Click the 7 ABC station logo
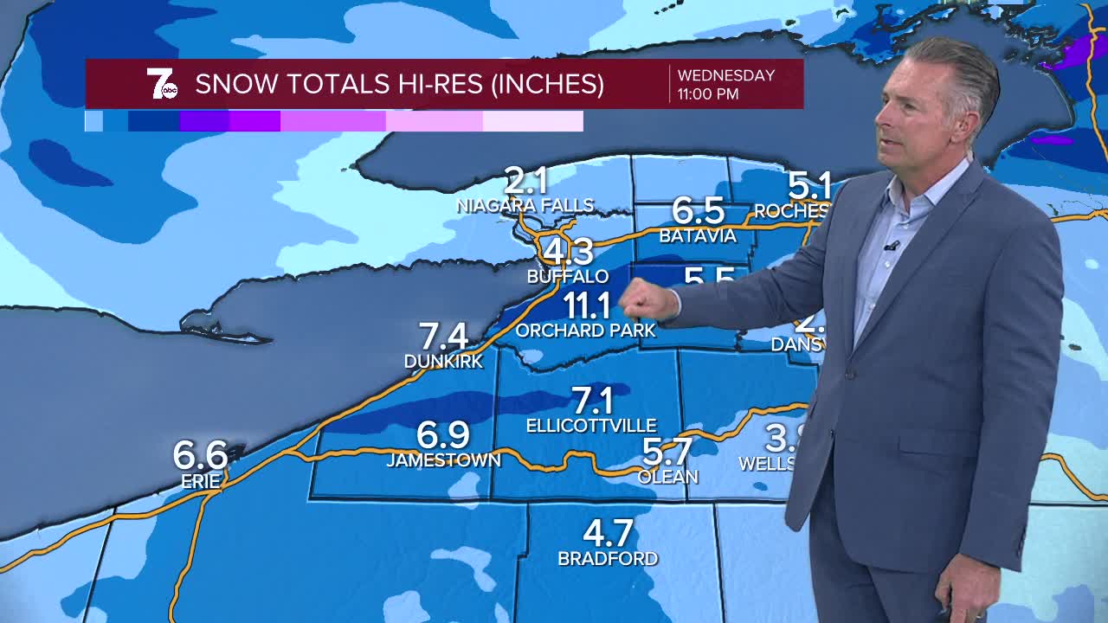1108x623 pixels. tap(162, 84)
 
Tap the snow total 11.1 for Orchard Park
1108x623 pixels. tap(588, 305)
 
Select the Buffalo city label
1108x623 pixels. tap(568, 277)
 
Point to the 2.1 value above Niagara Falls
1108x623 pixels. tap(526, 182)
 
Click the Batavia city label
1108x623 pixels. tap(698, 235)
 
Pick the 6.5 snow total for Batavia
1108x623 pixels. tap(698, 211)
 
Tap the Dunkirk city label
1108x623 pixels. tap(443, 362)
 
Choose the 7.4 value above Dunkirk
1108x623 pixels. tap(443, 336)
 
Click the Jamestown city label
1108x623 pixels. tap(443, 460)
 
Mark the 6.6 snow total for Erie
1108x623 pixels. tap(200, 455)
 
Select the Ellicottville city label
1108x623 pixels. tap(591, 426)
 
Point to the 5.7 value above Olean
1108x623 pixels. tap(667, 452)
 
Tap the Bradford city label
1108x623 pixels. tap(608, 559)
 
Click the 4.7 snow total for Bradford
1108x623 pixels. tap(608, 532)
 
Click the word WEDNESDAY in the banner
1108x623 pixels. tap(726, 75)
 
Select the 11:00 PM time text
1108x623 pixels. tap(708, 94)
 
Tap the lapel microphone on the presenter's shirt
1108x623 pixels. tap(892, 247)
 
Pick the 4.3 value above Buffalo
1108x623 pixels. tap(568, 252)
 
